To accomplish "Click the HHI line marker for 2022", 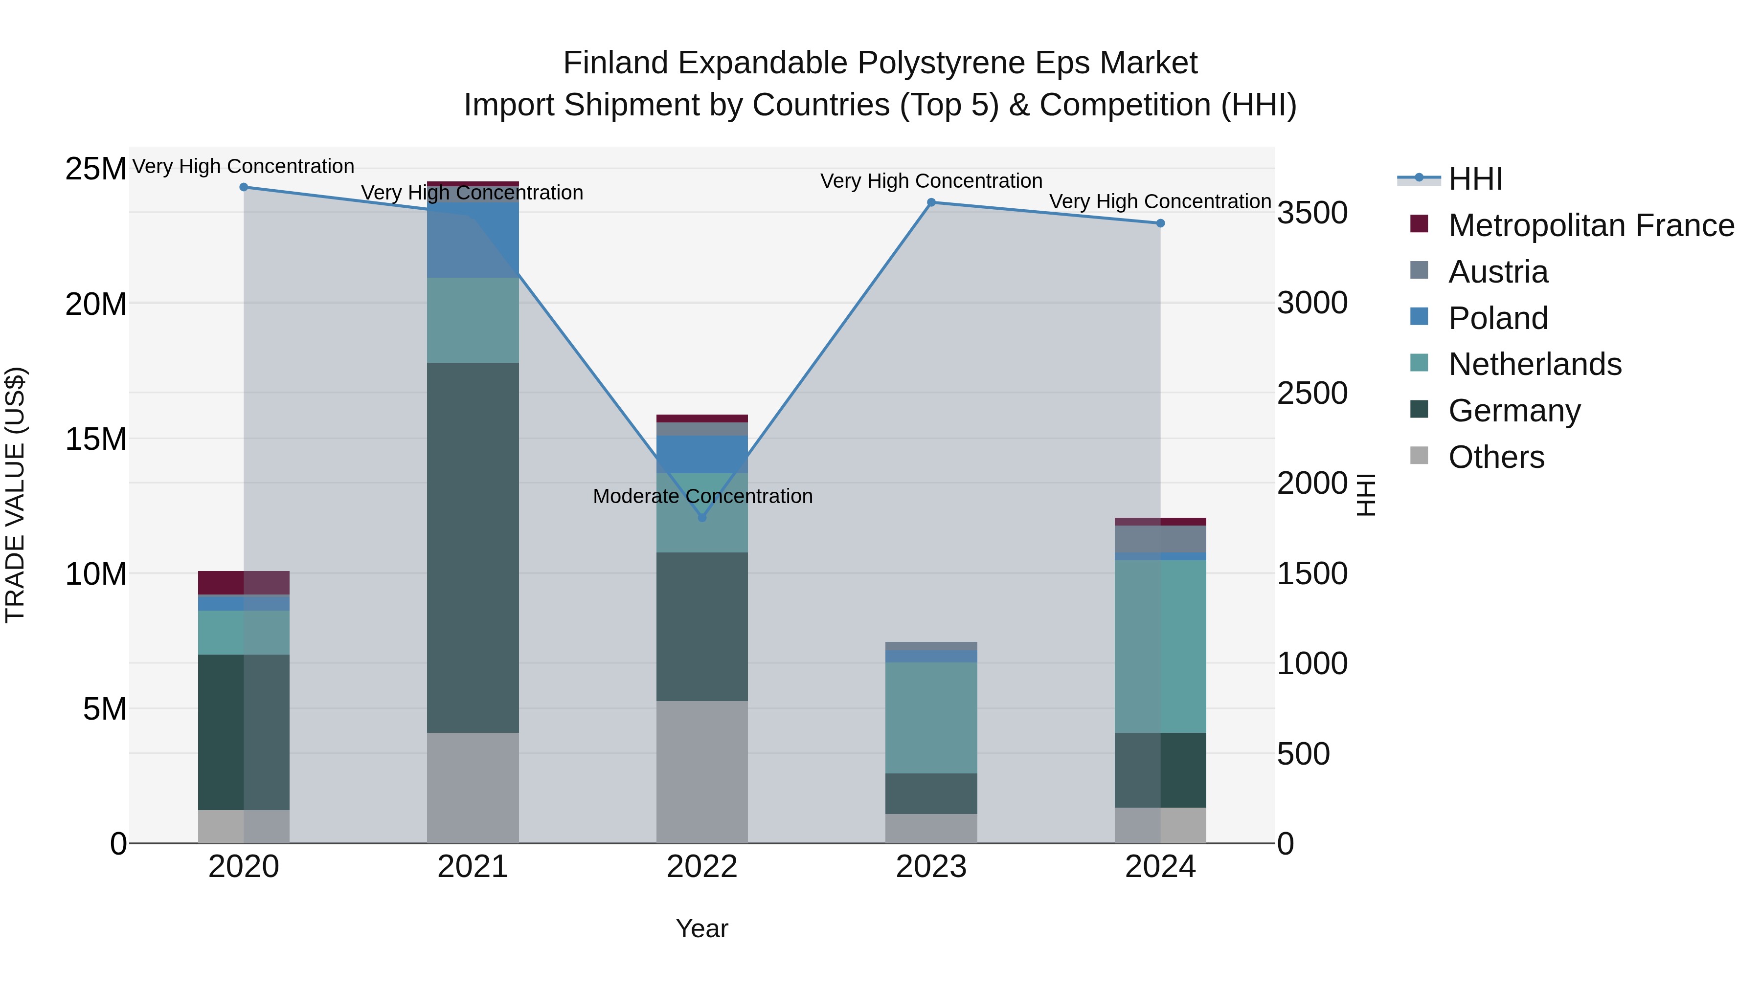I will tap(701, 518).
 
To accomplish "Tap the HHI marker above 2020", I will tap(244, 187).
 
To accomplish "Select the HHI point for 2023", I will tap(931, 202).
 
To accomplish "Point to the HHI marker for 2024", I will tap(1160, 223).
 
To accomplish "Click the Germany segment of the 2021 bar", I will tap(473, 547).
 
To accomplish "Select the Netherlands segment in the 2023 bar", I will tap(931, 717).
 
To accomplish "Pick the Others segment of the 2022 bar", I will tap(701, 772).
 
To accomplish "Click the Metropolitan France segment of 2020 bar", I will tap(244, 583).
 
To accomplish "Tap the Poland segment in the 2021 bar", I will tap(473, 239).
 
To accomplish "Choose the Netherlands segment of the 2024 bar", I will tap(1160, 646).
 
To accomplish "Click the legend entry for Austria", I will tap(1497, 272).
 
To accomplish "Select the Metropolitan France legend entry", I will tap(1590, 225).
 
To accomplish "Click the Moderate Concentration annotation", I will tap(702, 496).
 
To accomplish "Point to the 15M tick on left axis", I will tap(96, 439).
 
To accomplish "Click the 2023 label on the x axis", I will tap(931, 867).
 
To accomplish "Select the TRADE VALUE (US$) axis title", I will tap(15, 495).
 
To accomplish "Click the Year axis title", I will tap(701, 928).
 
